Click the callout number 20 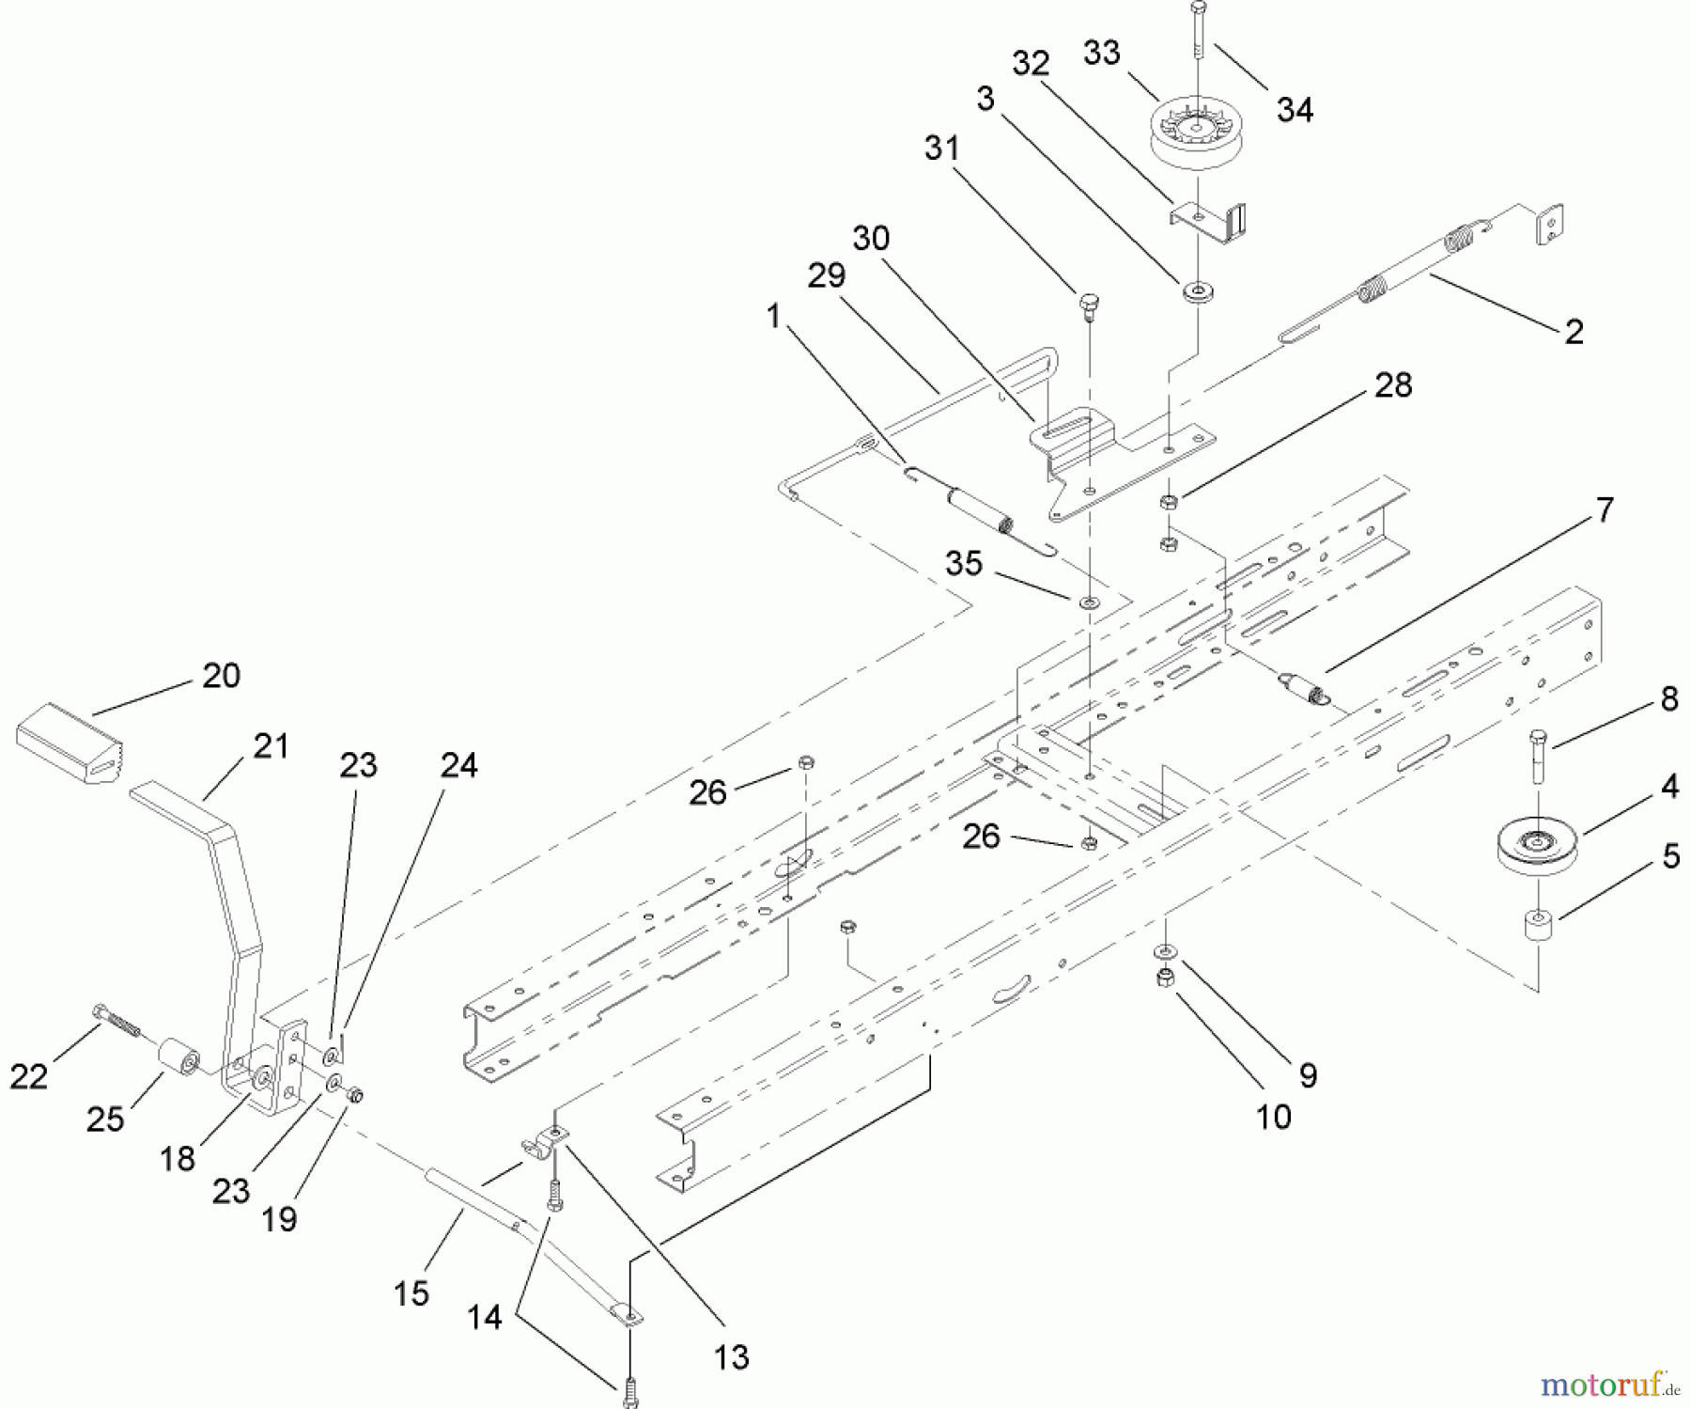221,675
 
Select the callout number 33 1101,53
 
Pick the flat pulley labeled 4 1535,846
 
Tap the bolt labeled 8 1537,757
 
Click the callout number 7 1605,509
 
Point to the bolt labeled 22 116,1022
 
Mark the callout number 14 485,1317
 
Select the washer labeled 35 1089,602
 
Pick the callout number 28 1393,384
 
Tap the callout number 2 1575,331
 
